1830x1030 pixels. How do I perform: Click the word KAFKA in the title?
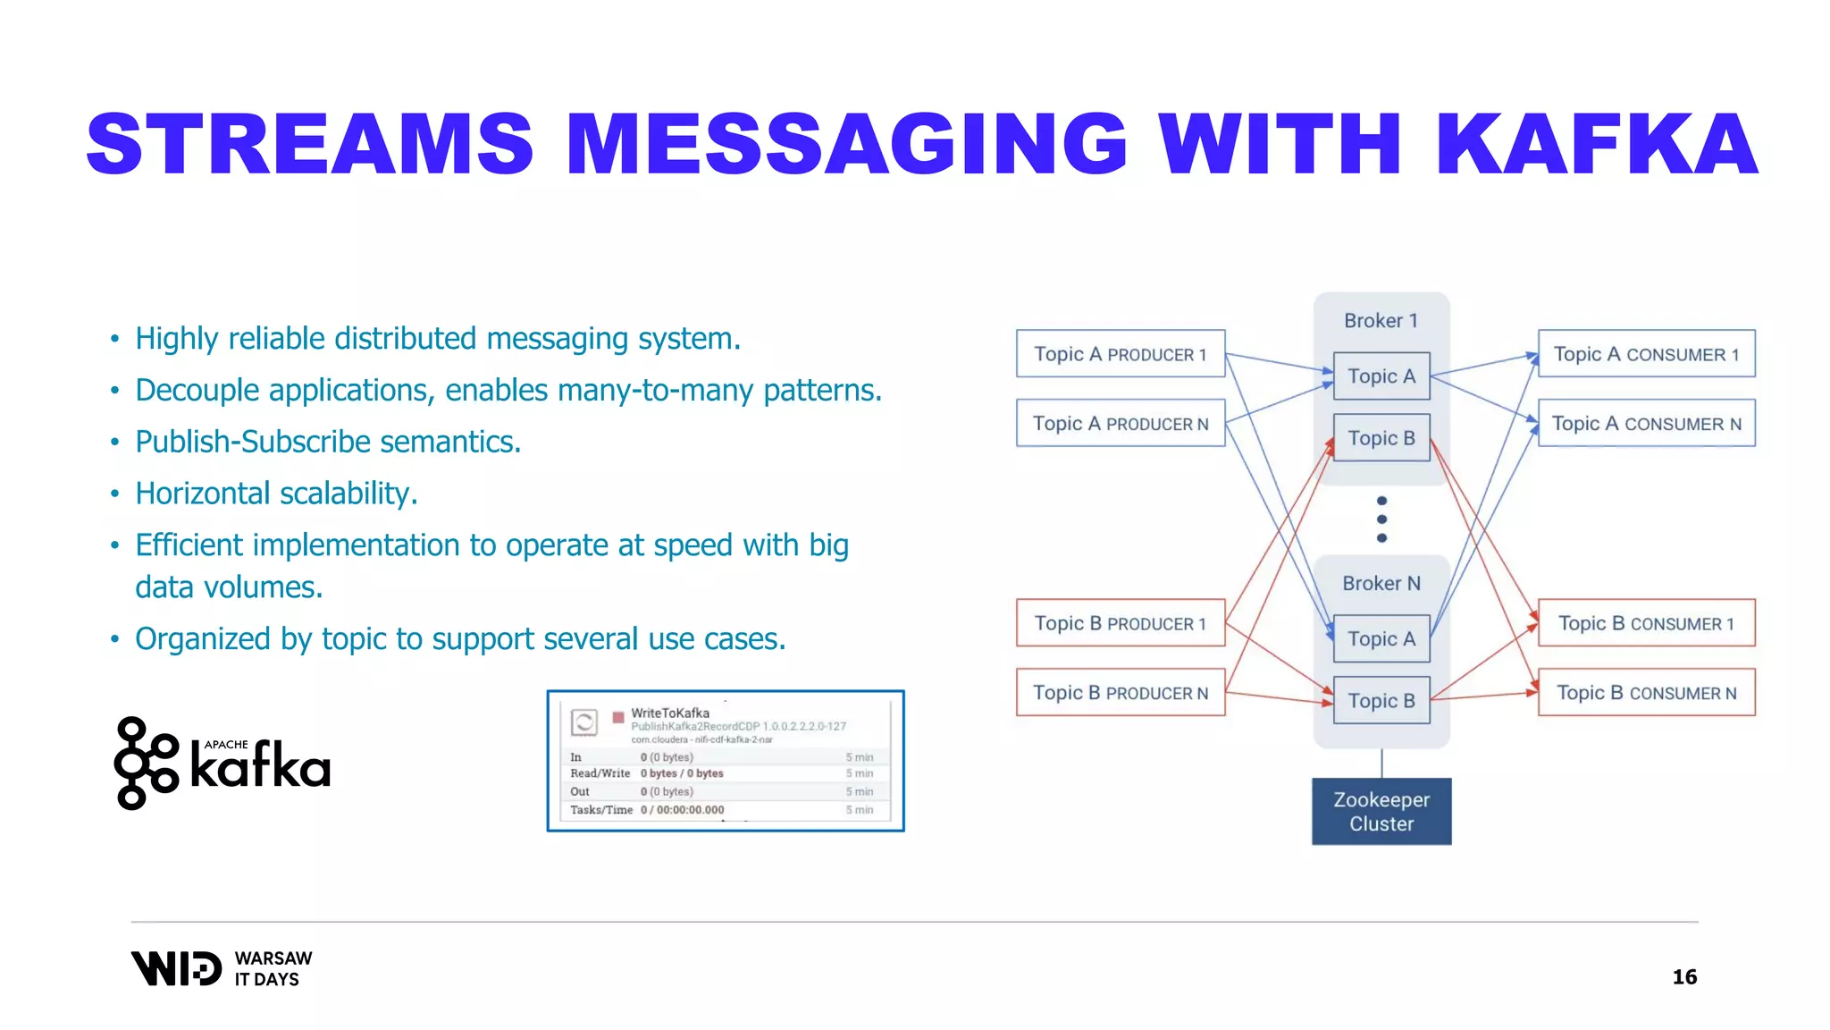pyautogui.click(x=1596, y=145)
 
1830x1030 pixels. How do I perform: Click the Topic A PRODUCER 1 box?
pyautogui.click(x=1120, y=354)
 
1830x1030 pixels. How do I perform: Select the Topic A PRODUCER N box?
pyautogui.click(x=1120, y=423)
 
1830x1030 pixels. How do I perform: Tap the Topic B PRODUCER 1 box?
pyautogui.click(x=1120, y=623)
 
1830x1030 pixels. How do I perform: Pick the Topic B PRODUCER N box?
pyautogui.click(x=1120, y=692)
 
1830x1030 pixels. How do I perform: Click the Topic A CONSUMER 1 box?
pyautogui.click(x=1646, y=354)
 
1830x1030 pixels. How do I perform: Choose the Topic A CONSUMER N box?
pyautogui.click(x=1646, y=423)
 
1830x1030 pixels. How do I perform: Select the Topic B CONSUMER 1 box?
pyautogui.click(x=1646, y=623)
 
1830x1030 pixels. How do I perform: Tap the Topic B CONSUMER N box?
pyautogui.click(x=1646, y=692)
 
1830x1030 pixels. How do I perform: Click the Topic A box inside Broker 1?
pyautogui.click(x=1381, y=376)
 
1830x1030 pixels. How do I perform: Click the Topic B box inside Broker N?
pyautogui.click(x=1381, y=700)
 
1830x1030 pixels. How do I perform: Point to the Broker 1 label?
pyautogui.click(x=1381, y=320)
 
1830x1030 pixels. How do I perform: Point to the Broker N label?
pyautogui.click(x=1381, y=583)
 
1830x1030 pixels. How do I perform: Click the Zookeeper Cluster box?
pyautogui.click(x=1381, y=811)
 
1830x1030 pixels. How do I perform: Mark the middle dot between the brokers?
pyautogui.click(x=1381, y=519)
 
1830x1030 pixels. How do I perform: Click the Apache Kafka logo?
pyautogui.click(x=222, y=764)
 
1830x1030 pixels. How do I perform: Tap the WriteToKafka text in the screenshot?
pyautogui.click(x=670, y=713)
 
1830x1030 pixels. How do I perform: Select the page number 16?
pyautogui.click(x=1683, y=976)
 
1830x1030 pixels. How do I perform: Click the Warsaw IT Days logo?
pyautogui.click(x=222, y=968)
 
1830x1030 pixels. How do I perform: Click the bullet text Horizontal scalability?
pyautogui.click(x=276, y=494)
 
